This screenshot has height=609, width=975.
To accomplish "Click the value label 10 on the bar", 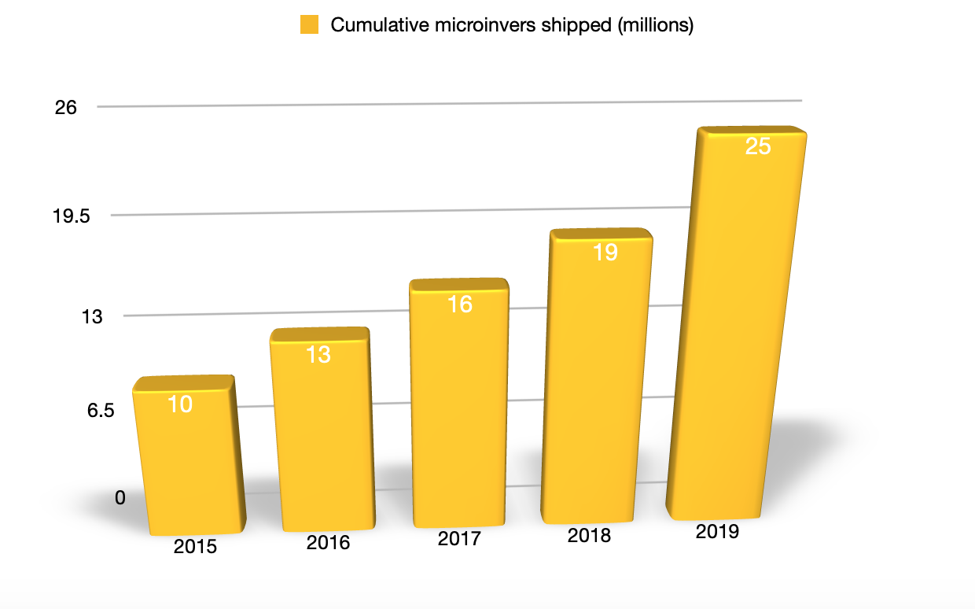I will pyautogui.click(x=180, y=404).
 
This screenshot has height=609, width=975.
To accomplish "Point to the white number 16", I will pyautogui.click(x=460, y=304).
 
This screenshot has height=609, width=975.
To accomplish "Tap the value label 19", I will pyautogui.click(x=605, y=253).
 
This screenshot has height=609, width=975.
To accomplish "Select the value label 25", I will pyautogui.click(x=757, y=146).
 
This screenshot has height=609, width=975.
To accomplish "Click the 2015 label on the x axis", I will pyautogui.click(x=195, y=547).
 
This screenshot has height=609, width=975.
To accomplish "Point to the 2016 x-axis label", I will pyautogui.click(x=328, y=543).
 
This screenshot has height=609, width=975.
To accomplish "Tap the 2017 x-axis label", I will pyautogui.click(x=459, y=539).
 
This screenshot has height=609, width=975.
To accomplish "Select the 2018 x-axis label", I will pyautogui.click(x=589, y=536).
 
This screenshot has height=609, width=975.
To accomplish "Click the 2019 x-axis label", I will pyautogui.click(x=717, y=532).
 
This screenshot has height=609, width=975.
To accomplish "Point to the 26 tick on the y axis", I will pyautogui.click(x=66, y=108).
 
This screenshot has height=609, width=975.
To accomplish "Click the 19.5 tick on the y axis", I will pyautogui.click(x=72, y=216).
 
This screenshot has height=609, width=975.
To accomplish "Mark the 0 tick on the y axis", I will pyautogui.click(x=120, y=498).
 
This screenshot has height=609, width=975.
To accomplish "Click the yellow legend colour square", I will pyautogui.click(x=309, y=25).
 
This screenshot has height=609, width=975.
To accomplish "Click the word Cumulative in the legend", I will pyautogui.click(x=369, y=25).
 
